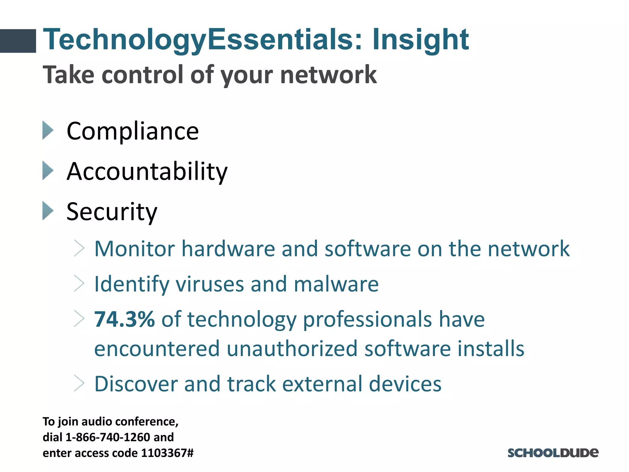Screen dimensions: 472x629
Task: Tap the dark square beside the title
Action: coord(18,41)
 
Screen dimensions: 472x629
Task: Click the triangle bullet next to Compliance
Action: coord(48,130)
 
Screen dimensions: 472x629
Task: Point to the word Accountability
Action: coord(147,171)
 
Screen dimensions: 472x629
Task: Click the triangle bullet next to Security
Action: coord(48,211)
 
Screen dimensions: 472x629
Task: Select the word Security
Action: coord(112,212)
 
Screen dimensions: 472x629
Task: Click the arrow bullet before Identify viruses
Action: coord(79,283)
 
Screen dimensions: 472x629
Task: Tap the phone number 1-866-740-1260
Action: coord(108,437)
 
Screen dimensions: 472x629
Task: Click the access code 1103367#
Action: coord(167,453)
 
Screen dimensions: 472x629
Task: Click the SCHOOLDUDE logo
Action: coord(553,453)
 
